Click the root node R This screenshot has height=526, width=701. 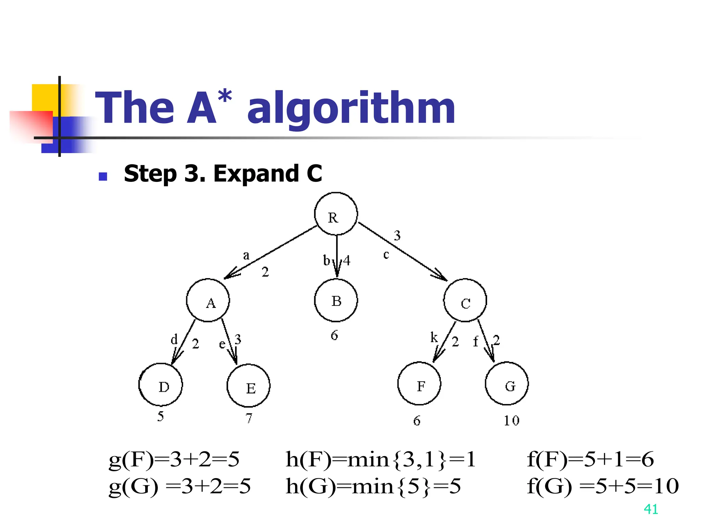[336, 214]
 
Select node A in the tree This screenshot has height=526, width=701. [208, 300]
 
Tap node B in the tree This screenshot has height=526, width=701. [336, 300]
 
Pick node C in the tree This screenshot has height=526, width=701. [465, 300]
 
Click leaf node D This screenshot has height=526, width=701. [161, 385]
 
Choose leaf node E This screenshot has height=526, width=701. [248, 386]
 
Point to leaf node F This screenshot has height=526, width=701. [419, 384]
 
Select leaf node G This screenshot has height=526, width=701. [507, 384]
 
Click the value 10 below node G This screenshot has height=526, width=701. [511, 421]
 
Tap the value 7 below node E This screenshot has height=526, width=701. [249, 418]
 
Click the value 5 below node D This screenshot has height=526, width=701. [161, 416]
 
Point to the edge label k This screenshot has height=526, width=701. [434, 338]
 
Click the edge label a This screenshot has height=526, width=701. [246, 255]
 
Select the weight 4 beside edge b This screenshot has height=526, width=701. [347, 261]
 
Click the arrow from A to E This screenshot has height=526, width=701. [229, 341]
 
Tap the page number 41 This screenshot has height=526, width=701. [651, 509]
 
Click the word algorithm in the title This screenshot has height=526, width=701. [351, 108]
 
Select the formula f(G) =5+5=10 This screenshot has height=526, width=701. [603, 486]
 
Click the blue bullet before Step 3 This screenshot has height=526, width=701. [103, 176]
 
